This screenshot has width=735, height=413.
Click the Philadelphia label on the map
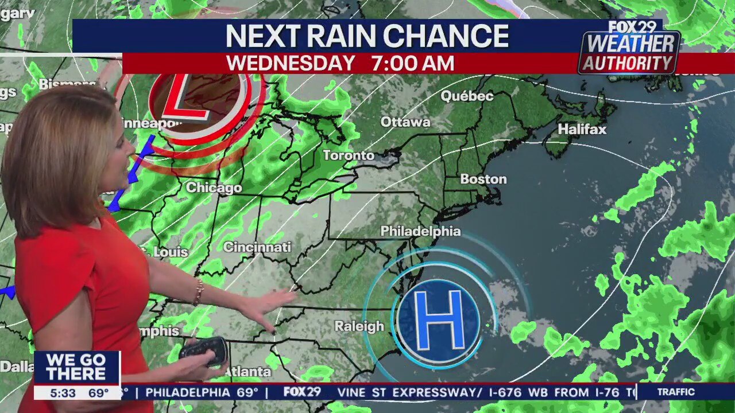coord(420,231)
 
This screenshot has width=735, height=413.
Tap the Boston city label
coord(483,179)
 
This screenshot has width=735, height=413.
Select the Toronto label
coord(348,155)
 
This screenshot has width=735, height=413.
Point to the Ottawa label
coord(405,122)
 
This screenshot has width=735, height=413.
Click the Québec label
coord(467,96)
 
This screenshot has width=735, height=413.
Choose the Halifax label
coord(582,129)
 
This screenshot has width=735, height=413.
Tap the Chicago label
coord(214,188)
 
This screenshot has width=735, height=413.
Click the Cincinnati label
coord(257,247)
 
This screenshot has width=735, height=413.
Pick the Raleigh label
coord(359,326)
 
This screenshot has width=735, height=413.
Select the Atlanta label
coord(247,371)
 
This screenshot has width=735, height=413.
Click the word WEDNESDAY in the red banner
coord(290,63)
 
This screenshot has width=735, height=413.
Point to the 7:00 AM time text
coord(412,63)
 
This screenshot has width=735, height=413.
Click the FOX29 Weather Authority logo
coord(630,48)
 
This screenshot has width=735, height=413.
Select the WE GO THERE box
coord(76,367)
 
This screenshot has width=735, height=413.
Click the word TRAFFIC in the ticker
coord(676,392)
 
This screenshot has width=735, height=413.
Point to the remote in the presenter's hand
coord(204,350)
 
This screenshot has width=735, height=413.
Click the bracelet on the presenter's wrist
coord(199,293)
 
